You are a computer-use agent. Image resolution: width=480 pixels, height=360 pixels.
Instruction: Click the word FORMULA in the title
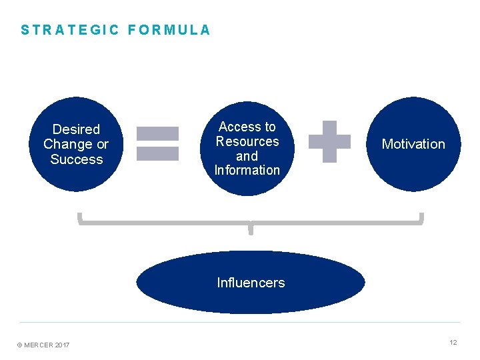(169, 30)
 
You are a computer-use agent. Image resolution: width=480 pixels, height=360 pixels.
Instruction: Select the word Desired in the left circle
(76, 129)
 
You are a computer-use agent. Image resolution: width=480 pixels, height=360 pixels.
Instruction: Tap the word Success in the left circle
(77, 159)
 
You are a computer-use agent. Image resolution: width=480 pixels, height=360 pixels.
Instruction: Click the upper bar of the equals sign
(157, 133)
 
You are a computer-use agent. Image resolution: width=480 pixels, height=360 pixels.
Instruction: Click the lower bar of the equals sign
(157, 153)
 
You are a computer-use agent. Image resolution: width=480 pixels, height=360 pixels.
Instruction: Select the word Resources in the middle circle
(247, 141)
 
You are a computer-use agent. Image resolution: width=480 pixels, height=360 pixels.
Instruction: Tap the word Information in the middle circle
(247, 170)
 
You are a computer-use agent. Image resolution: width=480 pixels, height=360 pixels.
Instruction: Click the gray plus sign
(329, 141)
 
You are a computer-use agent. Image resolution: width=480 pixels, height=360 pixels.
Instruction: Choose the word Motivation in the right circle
(413, 144)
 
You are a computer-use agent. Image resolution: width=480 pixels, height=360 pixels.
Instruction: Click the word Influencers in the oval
(251, 283)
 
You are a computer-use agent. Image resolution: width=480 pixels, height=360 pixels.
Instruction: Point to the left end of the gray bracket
(79, 219)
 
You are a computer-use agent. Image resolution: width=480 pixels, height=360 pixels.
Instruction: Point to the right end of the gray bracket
(421, 219)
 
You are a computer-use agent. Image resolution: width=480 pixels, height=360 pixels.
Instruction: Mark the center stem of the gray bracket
(251, 229)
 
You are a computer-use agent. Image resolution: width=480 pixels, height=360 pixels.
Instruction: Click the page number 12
(453, 342)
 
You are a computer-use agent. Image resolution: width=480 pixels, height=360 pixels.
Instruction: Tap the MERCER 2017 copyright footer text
(43, 345)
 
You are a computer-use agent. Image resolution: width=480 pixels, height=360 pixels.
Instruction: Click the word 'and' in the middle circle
(247, 156)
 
